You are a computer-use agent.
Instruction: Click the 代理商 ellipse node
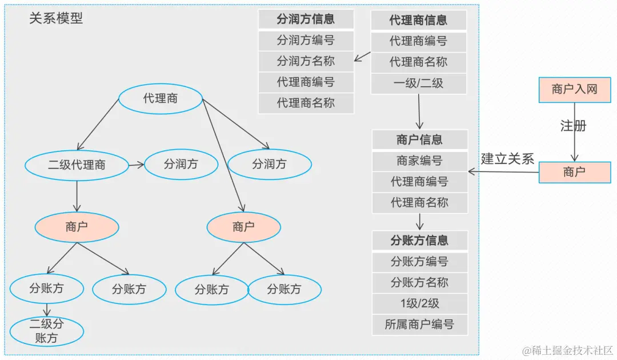pos(161,99)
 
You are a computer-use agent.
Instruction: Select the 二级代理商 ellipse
pos(77,165)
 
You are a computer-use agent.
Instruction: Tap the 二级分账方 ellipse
pos(47,331)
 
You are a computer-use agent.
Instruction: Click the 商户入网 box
pos(575,89)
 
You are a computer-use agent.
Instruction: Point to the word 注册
pos(573,126)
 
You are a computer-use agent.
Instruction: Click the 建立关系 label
pos(507,159)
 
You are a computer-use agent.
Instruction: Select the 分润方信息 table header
pos(306,19)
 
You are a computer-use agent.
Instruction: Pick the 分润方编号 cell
pos(306,41)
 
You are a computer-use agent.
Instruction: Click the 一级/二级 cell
pos(419,83)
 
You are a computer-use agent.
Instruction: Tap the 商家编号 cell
pos(419,161)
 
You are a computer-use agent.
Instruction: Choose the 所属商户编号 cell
pos(419,325)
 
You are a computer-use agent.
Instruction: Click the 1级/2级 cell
pos(419,303)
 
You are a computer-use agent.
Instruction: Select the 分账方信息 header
pos(419,241)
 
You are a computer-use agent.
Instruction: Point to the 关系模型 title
pos(56,18)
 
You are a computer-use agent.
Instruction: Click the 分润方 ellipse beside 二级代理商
pos(181,165)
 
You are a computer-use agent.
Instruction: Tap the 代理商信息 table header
pos(419,20)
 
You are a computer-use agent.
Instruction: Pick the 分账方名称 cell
pos(419,282)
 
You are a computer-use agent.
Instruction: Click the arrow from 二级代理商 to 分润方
pos(136,165)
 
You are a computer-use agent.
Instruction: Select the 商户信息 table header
pos(419,140)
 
